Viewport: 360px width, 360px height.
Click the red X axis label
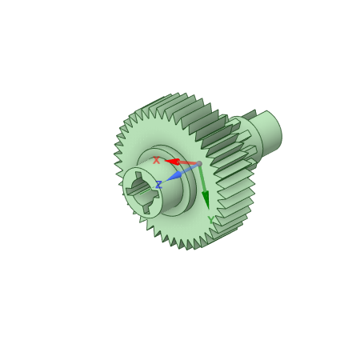(156, 161)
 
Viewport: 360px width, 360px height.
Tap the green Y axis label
(211, 220)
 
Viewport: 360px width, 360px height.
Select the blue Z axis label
(158, 185)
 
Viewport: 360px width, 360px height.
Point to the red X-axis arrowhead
(172, 162)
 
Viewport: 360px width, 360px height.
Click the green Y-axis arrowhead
(206, 200)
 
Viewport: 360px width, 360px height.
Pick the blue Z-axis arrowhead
(174, 176)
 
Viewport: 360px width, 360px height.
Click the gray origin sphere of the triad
(199, 164)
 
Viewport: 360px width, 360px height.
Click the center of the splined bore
(142, 192)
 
